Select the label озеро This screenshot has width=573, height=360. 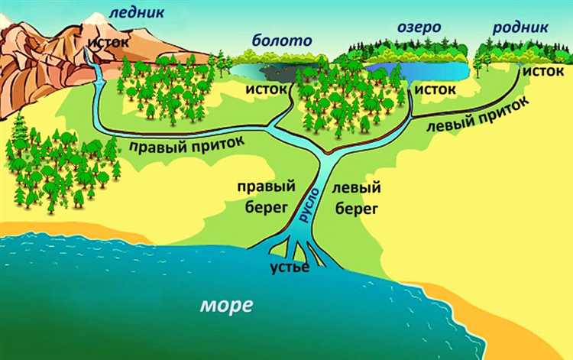419,28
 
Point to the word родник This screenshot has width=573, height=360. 520,28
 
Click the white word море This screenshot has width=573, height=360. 226,305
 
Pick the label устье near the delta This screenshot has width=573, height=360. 289,268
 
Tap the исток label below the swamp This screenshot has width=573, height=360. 267,90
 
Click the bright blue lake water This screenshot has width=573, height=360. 432,72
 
